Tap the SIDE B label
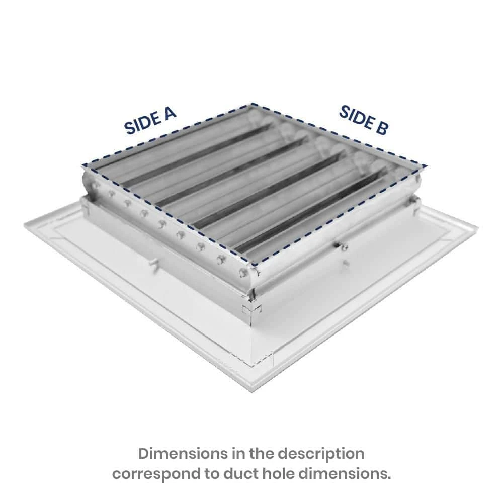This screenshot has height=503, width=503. pyautogui.click(x=363, y=120)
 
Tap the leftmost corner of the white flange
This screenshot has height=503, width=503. pyautogui.click(x=24, y=227)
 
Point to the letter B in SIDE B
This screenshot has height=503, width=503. pyautogui.click(x=381, y=128)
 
